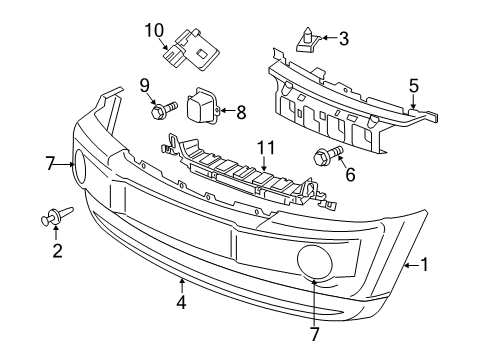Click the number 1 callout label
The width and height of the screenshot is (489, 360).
click(425, 265)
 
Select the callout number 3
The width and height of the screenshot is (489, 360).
click(344, 40)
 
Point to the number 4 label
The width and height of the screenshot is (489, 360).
click(181, 300)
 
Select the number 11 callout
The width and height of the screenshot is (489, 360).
click(264, 148)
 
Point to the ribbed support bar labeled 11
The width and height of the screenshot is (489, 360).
click(245, 179)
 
